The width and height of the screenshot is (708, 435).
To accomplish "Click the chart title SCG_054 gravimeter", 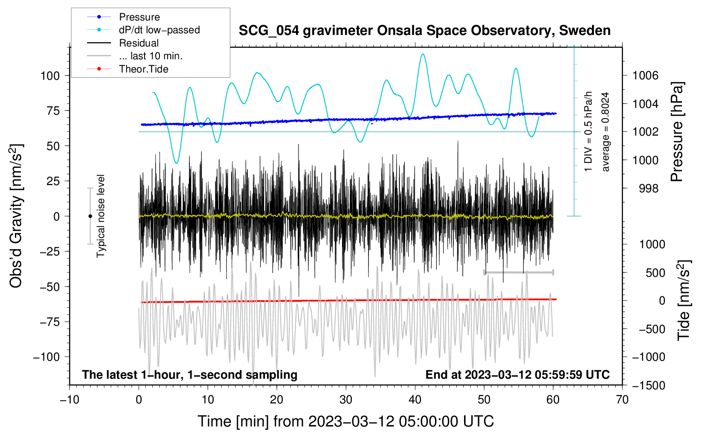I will click(x=424, y=31).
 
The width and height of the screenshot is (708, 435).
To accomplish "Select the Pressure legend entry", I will click(x=139, y=17).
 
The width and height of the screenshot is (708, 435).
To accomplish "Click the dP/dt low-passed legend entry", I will click(x=159, y=30).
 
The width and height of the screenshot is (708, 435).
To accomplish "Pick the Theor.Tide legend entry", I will click(x=143, y=69).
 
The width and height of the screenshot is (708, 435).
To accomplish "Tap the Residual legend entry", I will click(x=139, y=43).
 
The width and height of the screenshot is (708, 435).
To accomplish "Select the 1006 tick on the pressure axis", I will click(x=645, y=76).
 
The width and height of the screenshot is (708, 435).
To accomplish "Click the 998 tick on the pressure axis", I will click(x=648, y=188).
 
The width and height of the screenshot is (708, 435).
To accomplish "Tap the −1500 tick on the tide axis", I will click(x=648, y=386).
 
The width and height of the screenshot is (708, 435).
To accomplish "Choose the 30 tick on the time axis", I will click(x=346, y=400).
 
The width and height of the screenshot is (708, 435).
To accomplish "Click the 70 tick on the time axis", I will click(x=622, y=400).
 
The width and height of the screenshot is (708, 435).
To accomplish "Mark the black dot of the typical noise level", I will click(x=90, y=216).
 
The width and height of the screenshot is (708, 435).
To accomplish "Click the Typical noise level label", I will click(x=101, y=216).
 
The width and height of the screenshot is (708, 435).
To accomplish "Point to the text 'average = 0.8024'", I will click(x=606, y=132).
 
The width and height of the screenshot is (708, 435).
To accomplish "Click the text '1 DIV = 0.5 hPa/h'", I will click(x=589, y=132).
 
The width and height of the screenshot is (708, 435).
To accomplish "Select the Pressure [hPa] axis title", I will click(x=677, y=132).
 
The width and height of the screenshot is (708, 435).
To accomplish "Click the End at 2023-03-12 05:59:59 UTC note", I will click(x=517, y=375).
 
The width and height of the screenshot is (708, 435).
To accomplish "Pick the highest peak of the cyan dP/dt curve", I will click(x=423, y=54).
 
